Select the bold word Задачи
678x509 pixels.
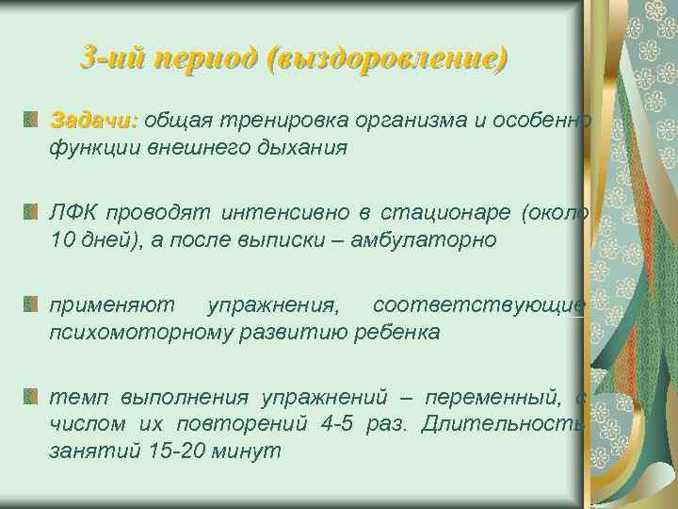93,121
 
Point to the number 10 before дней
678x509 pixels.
63,239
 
